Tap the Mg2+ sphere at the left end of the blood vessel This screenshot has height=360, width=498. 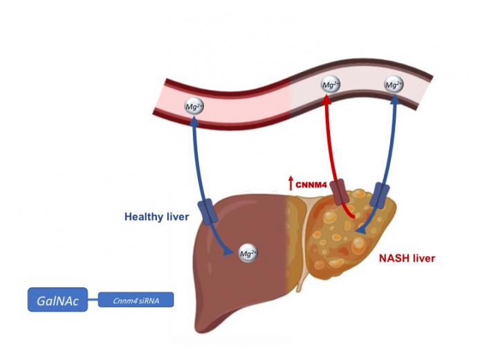click(x=194, y=107)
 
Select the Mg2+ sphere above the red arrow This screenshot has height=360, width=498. click(x=331, y=85)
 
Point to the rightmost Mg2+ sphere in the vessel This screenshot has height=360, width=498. click(x=394, y=85)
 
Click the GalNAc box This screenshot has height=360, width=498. click(x=57, y=300)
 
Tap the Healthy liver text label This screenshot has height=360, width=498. click(x=156, y=217)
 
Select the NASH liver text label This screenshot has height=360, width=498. click(x=407, y=258)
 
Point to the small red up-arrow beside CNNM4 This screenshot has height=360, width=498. click(x=291, y=183)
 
